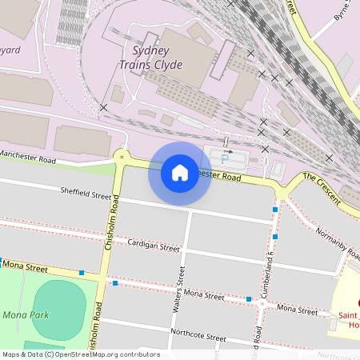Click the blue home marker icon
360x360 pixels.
pos(179,173)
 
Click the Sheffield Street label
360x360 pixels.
pos(86,193)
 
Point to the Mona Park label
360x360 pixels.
pos(25,314)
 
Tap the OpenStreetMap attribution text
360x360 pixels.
pos(80,354)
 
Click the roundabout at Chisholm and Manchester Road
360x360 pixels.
pos(122,157)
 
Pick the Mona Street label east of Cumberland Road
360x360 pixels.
pos(296,307)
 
